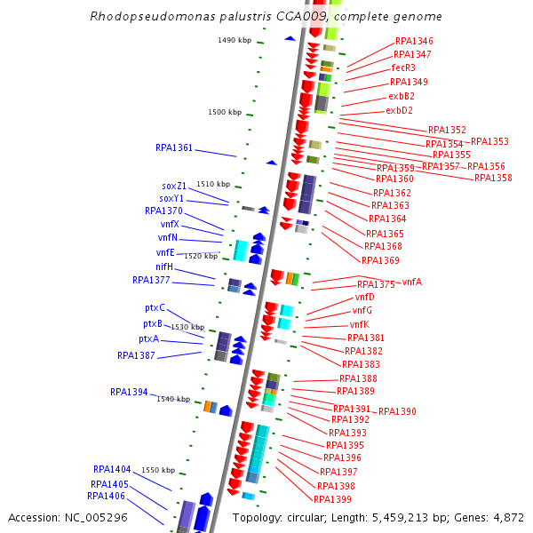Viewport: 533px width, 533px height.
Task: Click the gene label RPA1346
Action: [x=414, y=42]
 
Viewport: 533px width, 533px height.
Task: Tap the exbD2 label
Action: [x=399, y=111]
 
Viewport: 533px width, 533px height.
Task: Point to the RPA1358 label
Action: [x=493, y=179]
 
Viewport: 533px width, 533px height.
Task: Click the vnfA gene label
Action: [x=412, y=282]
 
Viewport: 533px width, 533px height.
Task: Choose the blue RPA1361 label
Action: [x=174, y=148]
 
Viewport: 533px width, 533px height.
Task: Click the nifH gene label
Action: [x=164, y=266]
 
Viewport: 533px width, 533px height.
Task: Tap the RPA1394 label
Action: [x=129, y=392]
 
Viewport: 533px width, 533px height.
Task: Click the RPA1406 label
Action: [x=106, y=496]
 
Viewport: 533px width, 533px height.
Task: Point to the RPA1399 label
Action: [x=333, y=499]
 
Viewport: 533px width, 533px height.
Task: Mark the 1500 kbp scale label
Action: [x=225, y=113]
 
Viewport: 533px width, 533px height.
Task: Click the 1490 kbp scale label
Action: [x=235, y=40]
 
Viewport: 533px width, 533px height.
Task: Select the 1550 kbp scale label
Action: [x=158, y=470]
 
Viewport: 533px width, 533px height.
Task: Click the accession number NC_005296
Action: [x=99, y=517]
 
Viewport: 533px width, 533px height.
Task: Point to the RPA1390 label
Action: [x=397, y=412]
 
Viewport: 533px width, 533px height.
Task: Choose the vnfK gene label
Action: [x=359, y=324]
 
